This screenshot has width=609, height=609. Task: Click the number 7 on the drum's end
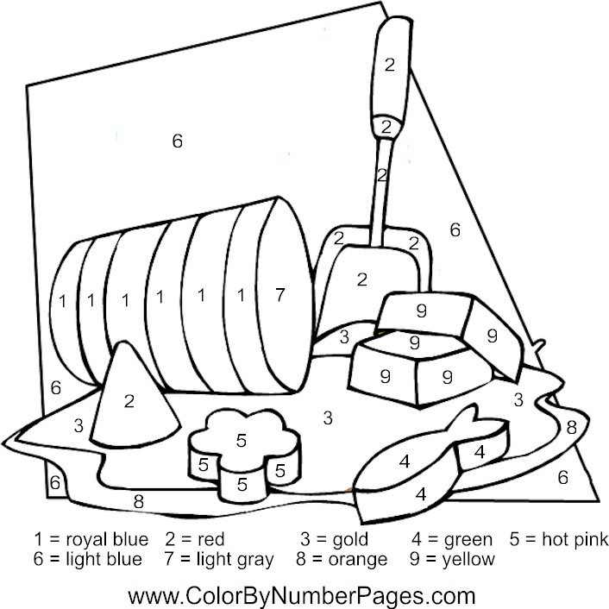[280, 295]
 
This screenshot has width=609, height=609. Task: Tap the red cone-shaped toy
[132, 400]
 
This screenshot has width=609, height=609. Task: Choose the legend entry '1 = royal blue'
[91, 539]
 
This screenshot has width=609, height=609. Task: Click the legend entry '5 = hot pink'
[558, 539]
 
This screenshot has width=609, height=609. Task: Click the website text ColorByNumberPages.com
[302, 595]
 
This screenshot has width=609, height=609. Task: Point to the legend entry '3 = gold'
[335, 539]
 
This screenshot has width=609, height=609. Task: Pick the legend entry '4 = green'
[452, 539]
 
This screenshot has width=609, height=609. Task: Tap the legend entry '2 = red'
[195, 539]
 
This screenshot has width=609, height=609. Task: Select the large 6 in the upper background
[178, 141]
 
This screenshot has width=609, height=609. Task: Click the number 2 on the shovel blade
[362, 279]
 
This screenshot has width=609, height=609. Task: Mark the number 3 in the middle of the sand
[328, 418]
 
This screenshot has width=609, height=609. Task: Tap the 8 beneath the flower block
[139, 501]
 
